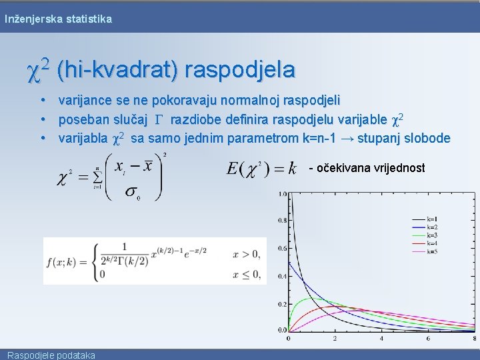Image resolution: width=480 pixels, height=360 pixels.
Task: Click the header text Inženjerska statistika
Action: [x=58, y=19]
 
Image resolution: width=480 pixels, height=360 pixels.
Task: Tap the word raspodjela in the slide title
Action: [x=239, y=69]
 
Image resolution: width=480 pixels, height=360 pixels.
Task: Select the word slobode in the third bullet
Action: [x=427, y=139]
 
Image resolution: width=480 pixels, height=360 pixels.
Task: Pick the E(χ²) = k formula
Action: [x=261, y=168]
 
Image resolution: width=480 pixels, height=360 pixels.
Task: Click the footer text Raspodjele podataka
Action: [x=50, y=355]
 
